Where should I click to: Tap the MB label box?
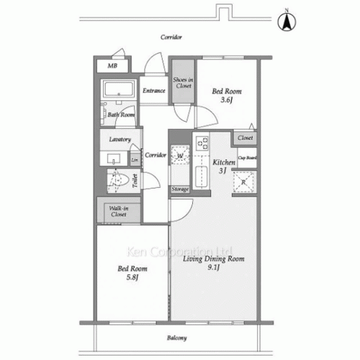coord(112,66)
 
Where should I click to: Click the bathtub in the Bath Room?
coord(117,91)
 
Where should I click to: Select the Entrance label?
coord(154,91)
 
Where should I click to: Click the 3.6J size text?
coord(226,101)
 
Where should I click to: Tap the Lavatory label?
coord(120,139)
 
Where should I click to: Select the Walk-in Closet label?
coord(118,211)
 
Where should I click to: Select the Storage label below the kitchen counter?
coord(180,189)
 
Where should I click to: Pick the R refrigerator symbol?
coord(244,182)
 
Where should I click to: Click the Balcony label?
coord(178,338)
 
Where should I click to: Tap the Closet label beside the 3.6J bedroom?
coord(245,137)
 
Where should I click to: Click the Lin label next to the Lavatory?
coord(135,160)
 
